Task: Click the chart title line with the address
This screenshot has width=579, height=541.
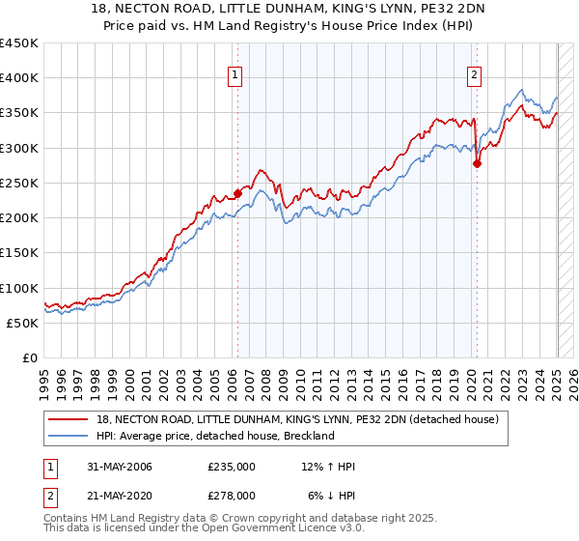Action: (289, 10)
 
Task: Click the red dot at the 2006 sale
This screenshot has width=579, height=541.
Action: (237, 193)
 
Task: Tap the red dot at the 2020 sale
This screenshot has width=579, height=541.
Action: (477, 163)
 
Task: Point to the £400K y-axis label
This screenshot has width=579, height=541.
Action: (19, 78)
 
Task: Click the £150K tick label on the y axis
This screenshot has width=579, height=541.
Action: (19, 253)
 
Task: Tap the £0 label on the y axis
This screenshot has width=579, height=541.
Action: (31, 358)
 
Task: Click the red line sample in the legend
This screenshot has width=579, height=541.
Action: (69, 419)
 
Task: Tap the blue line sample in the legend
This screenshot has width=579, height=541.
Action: (69, 436)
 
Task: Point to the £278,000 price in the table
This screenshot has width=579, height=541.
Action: (232, 496)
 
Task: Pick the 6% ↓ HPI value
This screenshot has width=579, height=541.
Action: (332, 496)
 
